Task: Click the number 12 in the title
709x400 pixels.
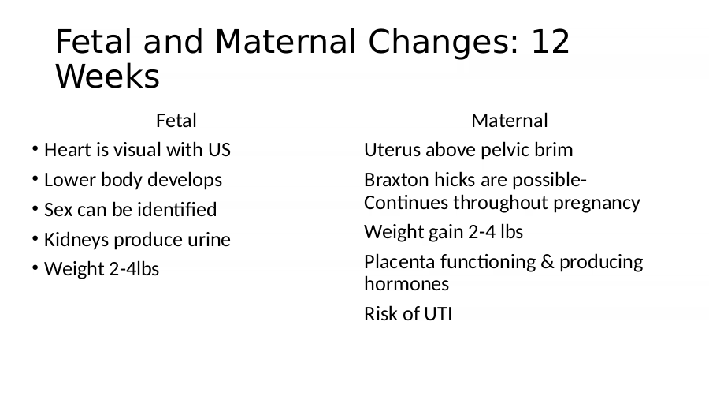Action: coord(551,42)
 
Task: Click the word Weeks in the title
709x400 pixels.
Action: coord(107,76)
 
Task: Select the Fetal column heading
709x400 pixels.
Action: coord(176,121)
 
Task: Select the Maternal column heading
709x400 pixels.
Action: coord(510,121)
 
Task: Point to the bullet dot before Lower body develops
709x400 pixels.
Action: coord(35,178)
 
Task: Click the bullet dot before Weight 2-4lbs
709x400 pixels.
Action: coord(35,267)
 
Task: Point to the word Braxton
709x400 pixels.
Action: coord(396,180)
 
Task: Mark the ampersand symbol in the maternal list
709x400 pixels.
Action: coord(548,262)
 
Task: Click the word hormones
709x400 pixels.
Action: coord(406,284)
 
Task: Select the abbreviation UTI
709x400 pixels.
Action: coord(438,314)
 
